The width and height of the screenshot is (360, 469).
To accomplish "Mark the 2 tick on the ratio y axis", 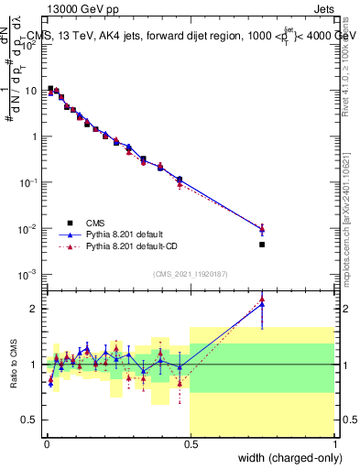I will (x=37, y=309).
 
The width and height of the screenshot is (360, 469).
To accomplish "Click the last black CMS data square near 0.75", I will (x=262, y=245).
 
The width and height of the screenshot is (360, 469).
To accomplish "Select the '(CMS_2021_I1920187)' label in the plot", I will (x=190, y=273).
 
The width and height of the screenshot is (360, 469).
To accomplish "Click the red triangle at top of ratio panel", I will (x=262, y=299).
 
